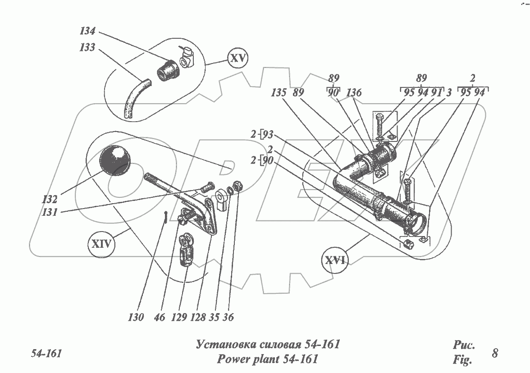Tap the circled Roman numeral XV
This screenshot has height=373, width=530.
pyautogui.click(x=238, y=59)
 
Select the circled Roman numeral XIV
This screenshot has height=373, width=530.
pyautogui.click(x=102, y=245)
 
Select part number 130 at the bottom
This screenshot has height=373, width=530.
pyautogui.click(x=136, y=318)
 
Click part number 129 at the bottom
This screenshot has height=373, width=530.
pyautogui.click(x=179, y=318)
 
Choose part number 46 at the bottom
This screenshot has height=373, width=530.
pyautogui.click(x=159, y=318)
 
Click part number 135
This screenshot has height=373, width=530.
pyautogui.click(x=279, y=94)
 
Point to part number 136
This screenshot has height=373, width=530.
pyautogui.click(x=354, y=94)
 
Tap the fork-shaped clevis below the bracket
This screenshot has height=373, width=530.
pyautogui.click(x=187, y=250)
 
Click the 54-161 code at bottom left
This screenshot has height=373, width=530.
pyautogui.click(x=46, y=353)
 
